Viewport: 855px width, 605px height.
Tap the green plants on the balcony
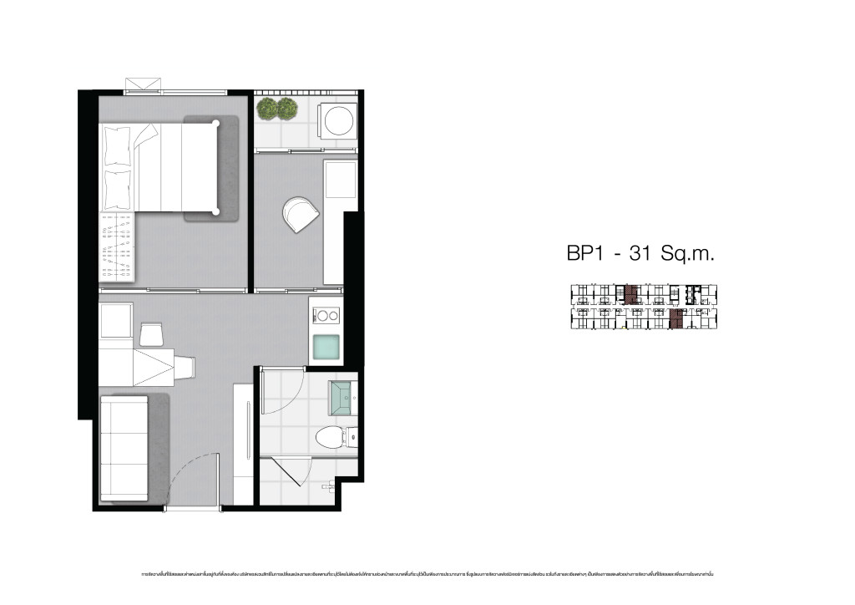277,108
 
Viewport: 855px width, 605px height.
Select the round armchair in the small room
300,213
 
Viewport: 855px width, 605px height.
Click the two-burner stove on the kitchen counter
326,315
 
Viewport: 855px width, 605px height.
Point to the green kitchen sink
326,346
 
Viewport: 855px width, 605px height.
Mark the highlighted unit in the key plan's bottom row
677,318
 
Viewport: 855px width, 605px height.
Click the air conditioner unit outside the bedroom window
142,85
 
